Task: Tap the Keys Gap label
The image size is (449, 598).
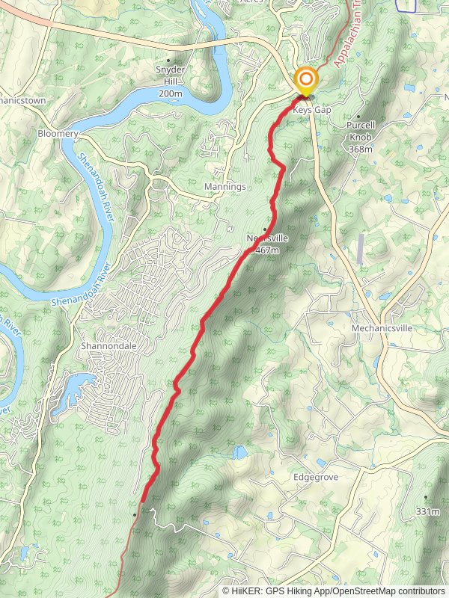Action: pos(313,110)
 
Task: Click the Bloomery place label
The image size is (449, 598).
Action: pos(58,134)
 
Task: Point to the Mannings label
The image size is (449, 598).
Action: pos(224,186)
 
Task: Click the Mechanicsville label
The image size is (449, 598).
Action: pos(382,328)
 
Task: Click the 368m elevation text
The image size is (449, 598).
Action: pos(360,149)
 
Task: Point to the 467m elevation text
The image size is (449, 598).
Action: pos(266,250)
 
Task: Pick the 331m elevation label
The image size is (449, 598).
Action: pos(426,512)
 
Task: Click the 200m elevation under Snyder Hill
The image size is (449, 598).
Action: pos(171,93)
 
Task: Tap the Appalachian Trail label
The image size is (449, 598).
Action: pos(347,37)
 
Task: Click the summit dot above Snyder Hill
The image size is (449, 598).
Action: pos(169,61)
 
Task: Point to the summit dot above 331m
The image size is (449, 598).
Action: pos(426,497)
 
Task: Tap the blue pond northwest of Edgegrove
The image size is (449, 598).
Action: pos(239,452)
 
